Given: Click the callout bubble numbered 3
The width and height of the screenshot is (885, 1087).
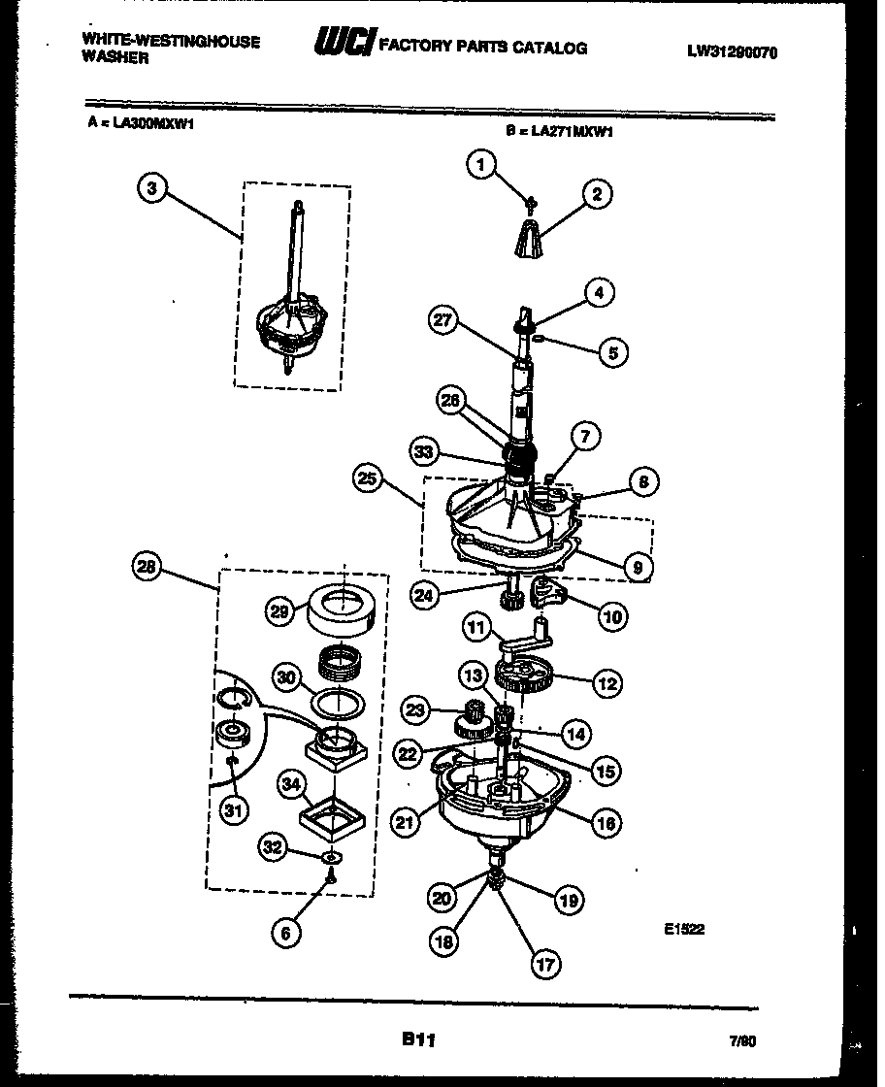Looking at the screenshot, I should click(150, 189).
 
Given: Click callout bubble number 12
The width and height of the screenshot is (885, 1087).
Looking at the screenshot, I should click(607, 683).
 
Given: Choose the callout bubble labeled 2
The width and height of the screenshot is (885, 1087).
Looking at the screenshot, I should click(596, 195).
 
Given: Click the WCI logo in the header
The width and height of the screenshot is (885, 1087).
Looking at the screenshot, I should click(343, 44).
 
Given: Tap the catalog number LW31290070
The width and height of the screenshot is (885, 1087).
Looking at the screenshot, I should click(733, 53).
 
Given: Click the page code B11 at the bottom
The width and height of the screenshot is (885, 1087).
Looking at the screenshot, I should click(418, 1039).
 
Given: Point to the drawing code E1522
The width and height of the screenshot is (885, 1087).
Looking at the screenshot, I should click(684, 929).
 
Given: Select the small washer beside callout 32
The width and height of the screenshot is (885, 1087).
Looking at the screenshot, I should click(332, 858).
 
